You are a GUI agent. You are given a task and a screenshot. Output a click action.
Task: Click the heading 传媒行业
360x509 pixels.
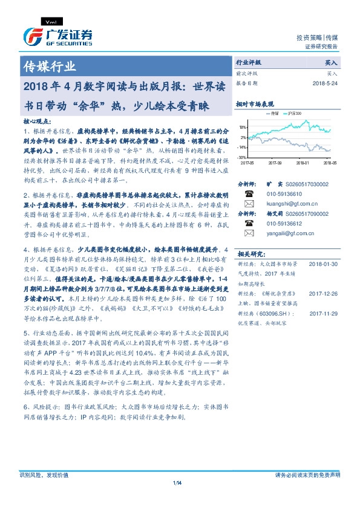(49, 66)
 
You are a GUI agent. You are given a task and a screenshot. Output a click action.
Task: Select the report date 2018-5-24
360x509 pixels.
(326, 83)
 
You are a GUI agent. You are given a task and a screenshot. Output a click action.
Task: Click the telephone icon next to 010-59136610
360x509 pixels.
(248, 193)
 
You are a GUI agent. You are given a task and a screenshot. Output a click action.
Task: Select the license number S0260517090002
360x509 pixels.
(308, 213)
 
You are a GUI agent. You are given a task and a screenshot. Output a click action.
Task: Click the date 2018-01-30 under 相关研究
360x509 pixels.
(324, 264)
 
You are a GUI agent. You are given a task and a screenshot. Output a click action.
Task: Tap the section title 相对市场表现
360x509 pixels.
(254, 103)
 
